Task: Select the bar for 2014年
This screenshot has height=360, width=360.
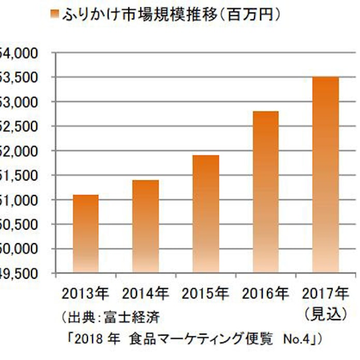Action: (x=146, y=226)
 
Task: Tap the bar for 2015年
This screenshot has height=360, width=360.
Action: (x=206, y=214)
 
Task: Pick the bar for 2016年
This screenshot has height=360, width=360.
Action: (x=266, y=192)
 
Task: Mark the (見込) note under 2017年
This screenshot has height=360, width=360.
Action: (x=326, y=313)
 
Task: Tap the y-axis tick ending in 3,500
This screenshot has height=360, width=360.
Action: (x=21, y=78)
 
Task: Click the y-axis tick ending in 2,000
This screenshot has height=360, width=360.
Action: (x=21, y=151)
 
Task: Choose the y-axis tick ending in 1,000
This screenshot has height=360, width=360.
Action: (x=21, y=200)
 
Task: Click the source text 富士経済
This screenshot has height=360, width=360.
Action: (x=136, y=315)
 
